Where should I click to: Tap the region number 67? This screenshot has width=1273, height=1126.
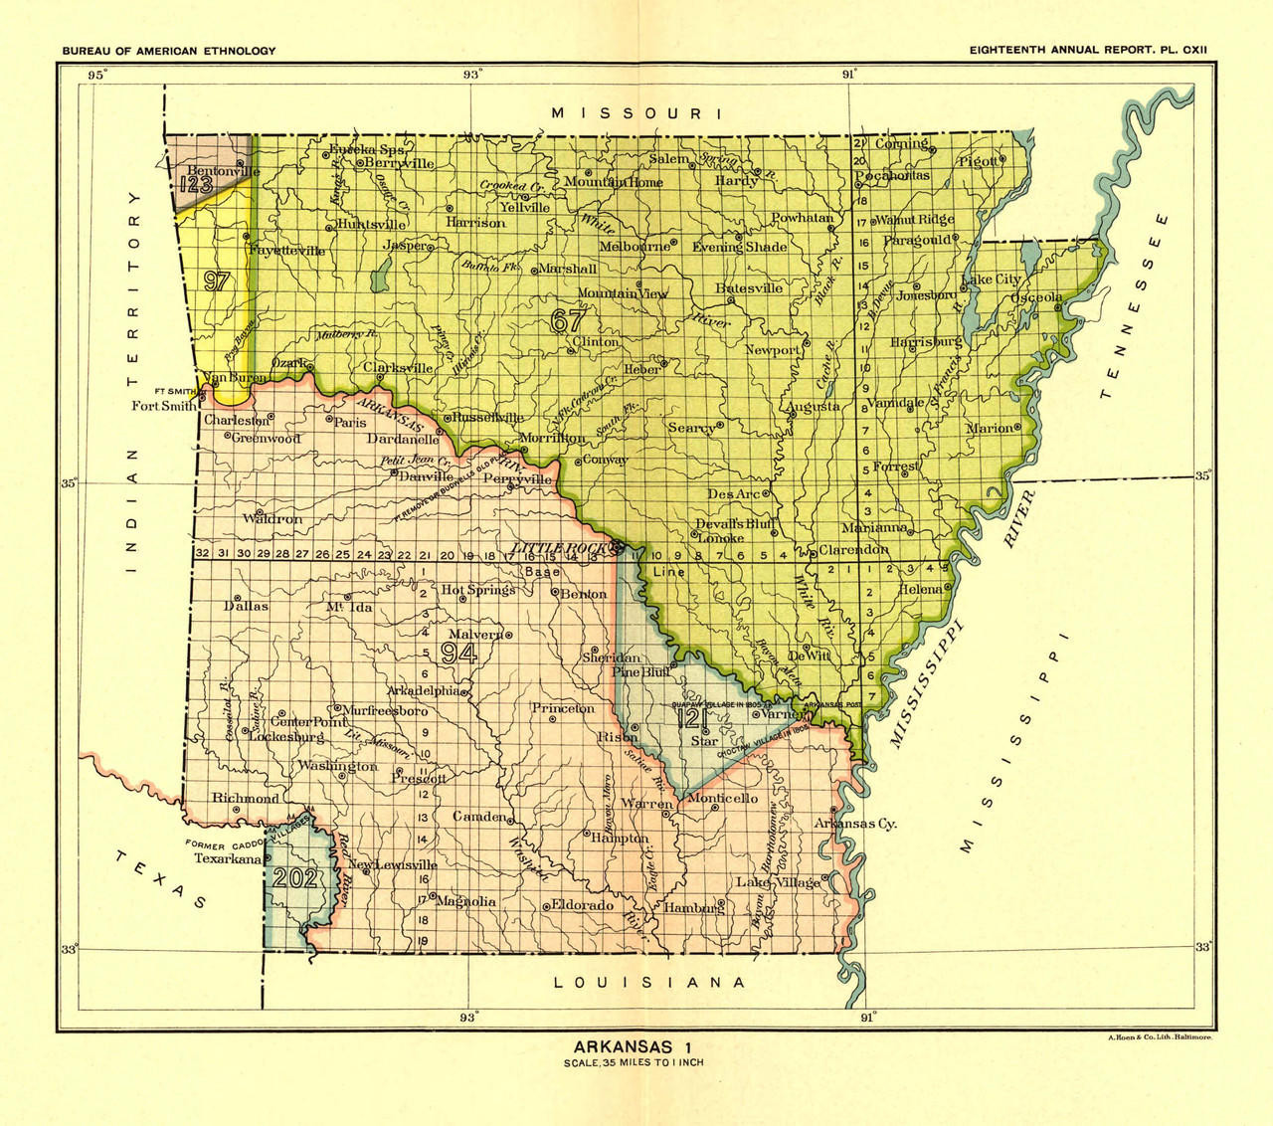tap(569, 320)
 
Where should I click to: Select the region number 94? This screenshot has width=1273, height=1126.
tap(459, 653)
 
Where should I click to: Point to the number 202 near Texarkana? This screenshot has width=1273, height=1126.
tap(295, 877)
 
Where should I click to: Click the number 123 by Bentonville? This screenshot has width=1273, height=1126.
tap(196, 184)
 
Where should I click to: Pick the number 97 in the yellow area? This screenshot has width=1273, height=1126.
tap(217, 281)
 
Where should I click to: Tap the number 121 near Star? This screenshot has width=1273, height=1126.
tap(692, 720)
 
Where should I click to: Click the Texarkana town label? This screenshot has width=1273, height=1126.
tap(227, 858)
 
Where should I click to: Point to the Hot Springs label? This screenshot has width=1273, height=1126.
tap(478, 590)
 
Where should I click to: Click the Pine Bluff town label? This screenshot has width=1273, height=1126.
tap(640, 672)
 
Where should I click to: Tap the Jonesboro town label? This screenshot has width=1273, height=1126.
tap(926, 295)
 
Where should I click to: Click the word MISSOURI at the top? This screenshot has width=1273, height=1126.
tap(636, 113)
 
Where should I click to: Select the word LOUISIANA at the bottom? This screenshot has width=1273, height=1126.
tap(648, 983)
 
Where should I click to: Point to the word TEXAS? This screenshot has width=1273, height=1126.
tap(159, 879)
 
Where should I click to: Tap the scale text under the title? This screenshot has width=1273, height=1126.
tap(634, 1062)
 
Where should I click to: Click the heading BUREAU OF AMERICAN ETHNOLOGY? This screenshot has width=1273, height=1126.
tap(169, 51)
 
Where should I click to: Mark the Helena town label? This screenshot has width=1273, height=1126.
tap(920, 589)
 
